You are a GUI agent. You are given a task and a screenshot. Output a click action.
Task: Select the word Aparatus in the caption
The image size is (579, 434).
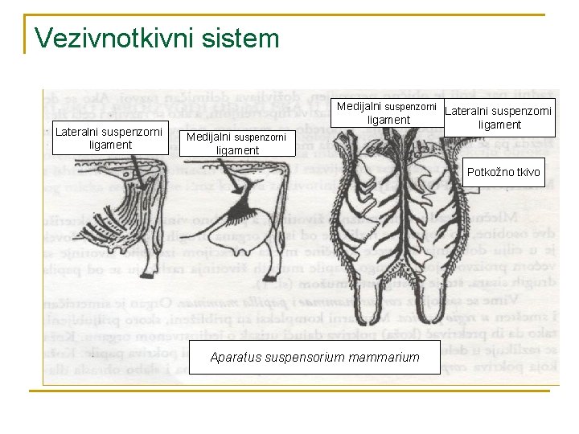click(x=240, y=357)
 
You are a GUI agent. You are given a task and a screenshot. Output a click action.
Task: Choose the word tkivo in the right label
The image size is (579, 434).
click(x=528, y=172)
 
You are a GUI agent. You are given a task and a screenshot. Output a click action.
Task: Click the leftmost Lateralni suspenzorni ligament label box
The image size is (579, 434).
click(x=110, y=137)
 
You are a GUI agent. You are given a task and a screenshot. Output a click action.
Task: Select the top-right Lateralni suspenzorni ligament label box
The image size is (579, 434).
click(x=499, y=117)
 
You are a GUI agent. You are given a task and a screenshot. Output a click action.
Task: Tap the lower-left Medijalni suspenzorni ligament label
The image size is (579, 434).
click(x=236, y=143)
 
